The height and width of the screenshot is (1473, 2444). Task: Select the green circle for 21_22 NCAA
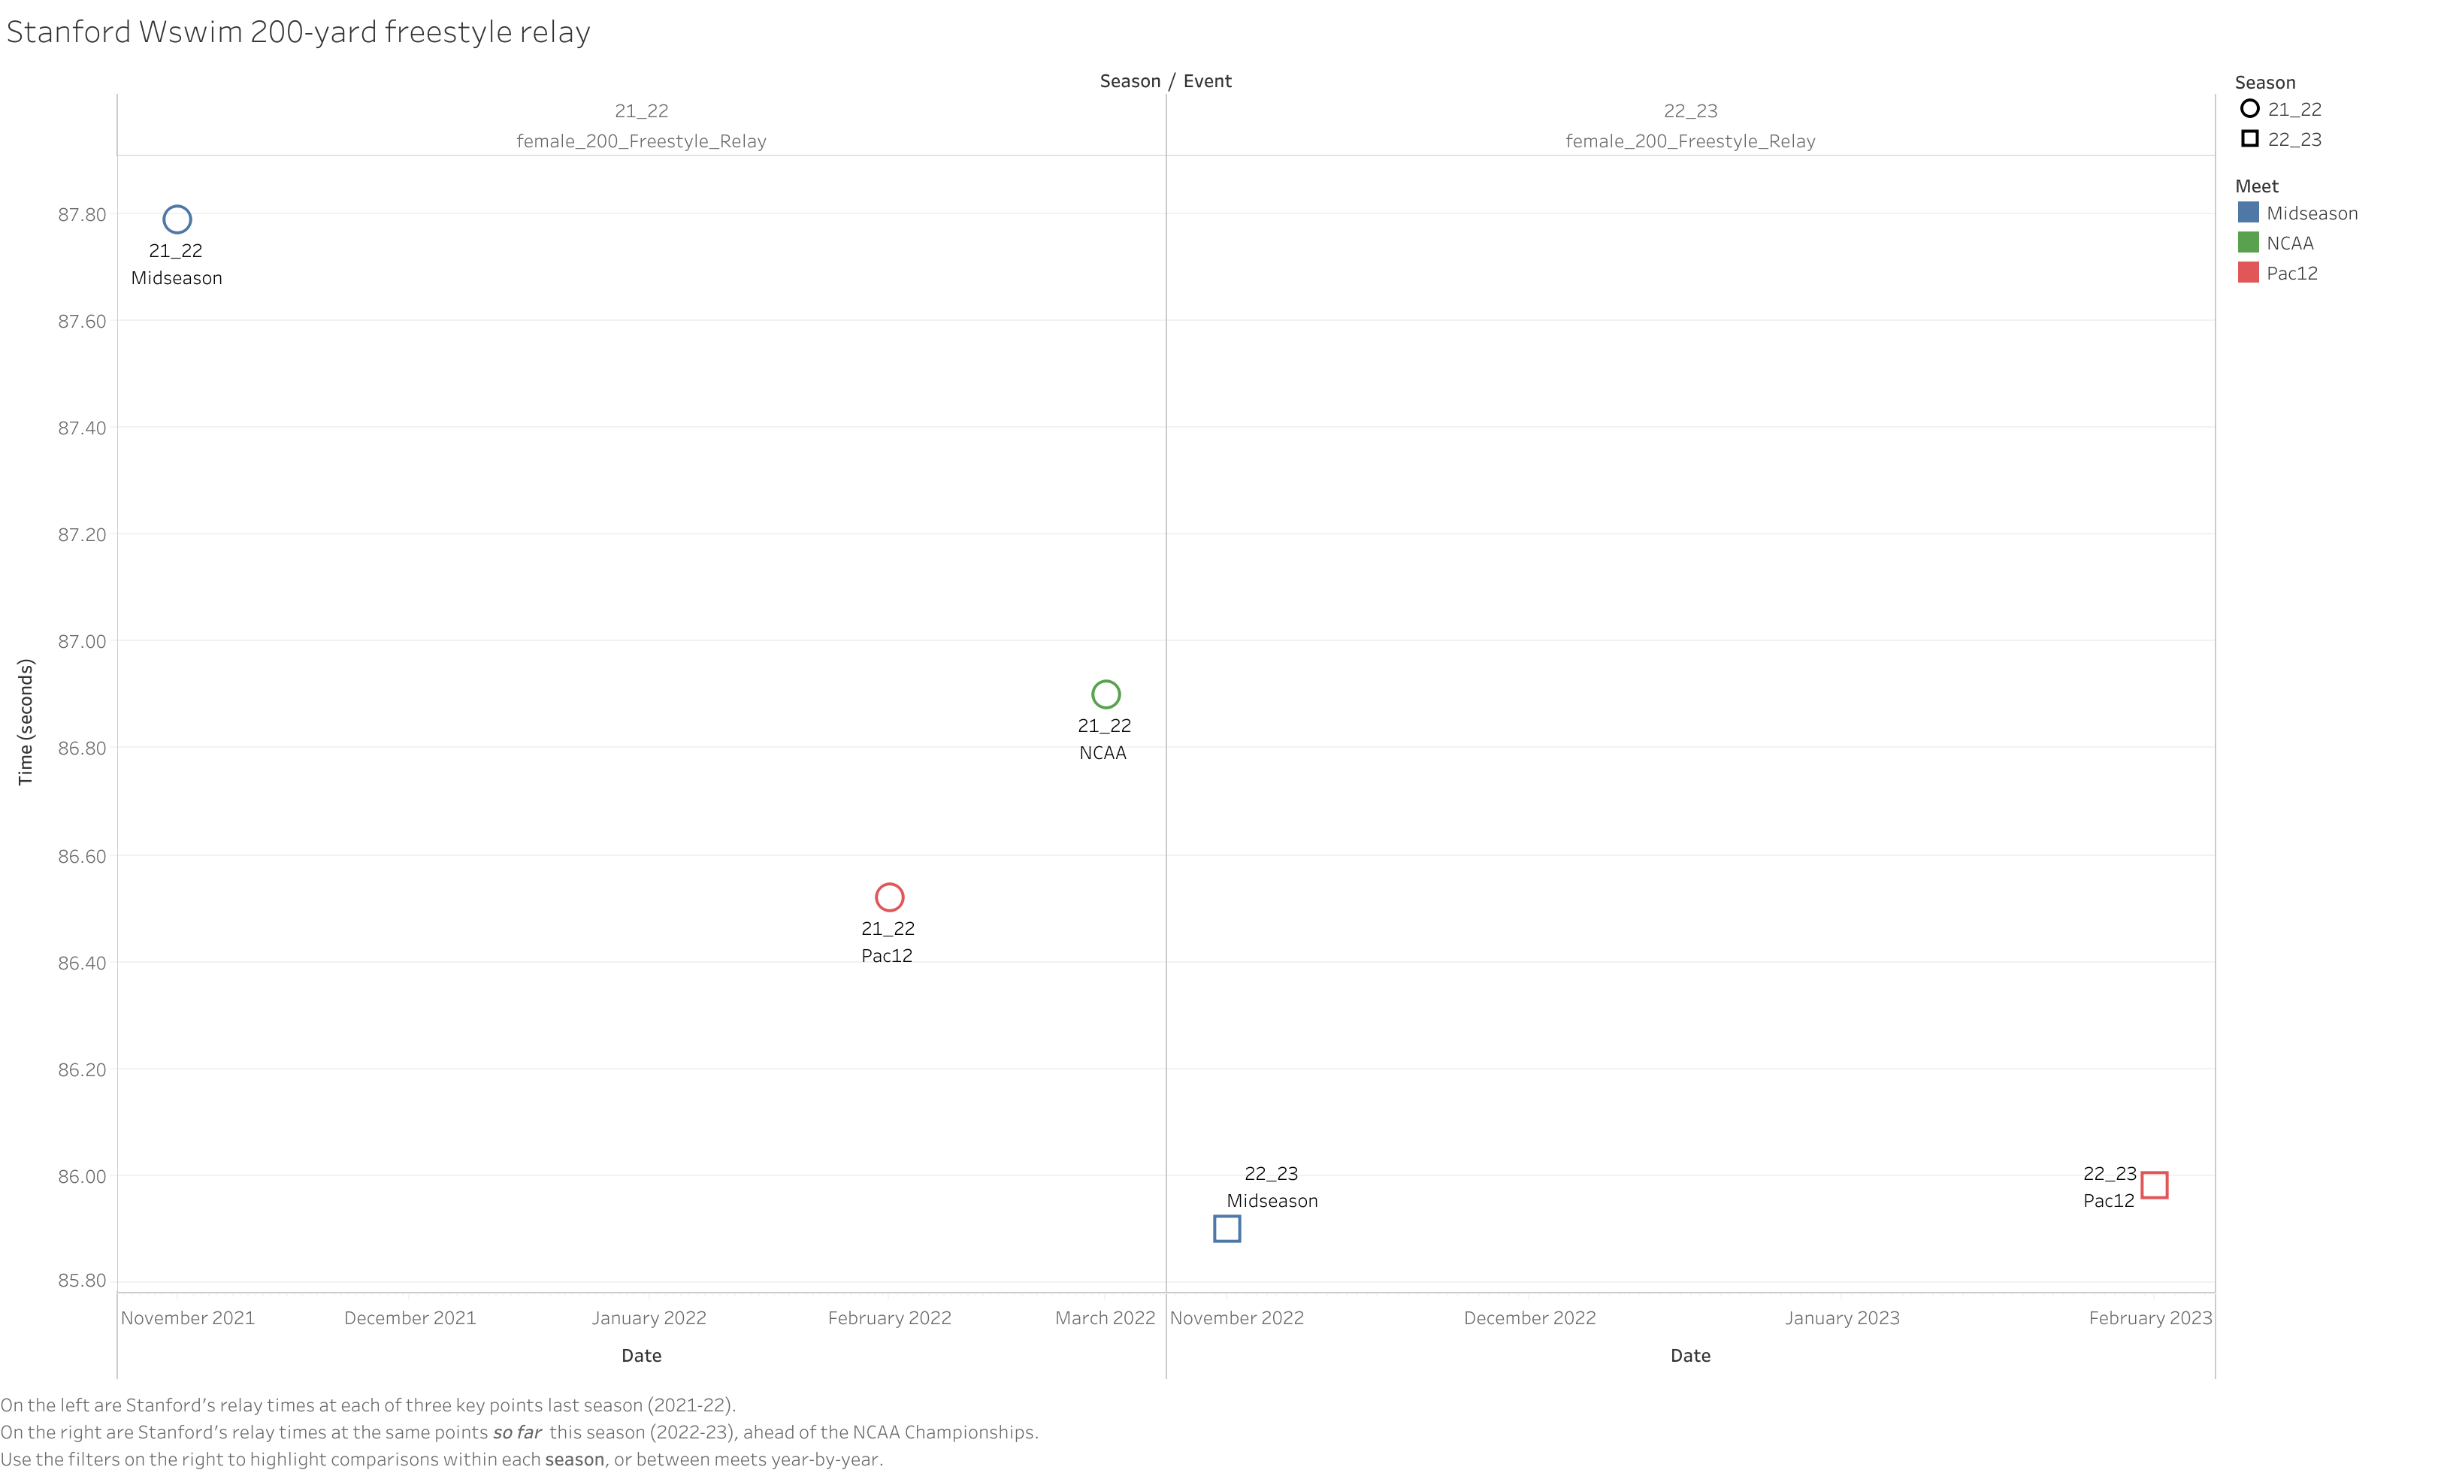(x=1106, y=694)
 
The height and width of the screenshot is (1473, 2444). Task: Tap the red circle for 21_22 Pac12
(x=890, y=897)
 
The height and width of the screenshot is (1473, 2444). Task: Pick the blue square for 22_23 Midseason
(x=1227, y=1229)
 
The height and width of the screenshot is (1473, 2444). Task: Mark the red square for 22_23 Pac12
(x=2155, y=1185)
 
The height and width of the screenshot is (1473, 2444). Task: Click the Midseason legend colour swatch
(x=2249, y=212)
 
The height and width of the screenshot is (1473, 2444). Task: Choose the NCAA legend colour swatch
(x=2249, y=242)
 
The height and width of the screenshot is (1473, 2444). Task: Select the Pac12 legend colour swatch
(x=2249, y=272)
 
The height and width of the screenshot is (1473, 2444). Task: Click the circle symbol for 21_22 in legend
(x=2249, y=109)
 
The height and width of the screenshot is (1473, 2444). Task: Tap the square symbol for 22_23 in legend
(x=2249, y=139)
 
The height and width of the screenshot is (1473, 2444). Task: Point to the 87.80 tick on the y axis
(x=81, y=215)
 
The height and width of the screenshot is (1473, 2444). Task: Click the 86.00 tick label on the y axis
(x=81, y=1176)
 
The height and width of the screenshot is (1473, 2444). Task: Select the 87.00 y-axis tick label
(x=81, y=642)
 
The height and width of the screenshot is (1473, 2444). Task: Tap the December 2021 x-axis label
(x=410, y=1318)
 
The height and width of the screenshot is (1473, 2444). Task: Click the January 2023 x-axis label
(x=1842, y=1318)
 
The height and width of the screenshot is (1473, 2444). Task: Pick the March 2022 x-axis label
(x=1105, y=1318)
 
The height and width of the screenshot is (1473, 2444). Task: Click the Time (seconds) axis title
(x=26, y=722)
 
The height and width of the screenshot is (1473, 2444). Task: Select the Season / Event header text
(x=1166, y=81)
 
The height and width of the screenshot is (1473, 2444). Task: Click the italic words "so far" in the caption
(x=517, y=1432)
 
